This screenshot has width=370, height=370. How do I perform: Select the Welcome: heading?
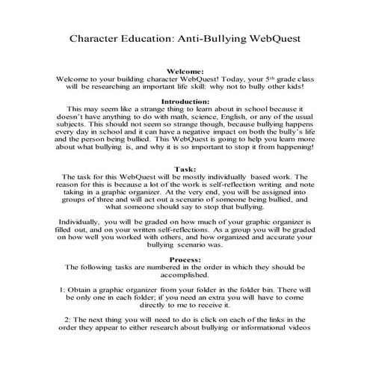[x=185, y=71]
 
